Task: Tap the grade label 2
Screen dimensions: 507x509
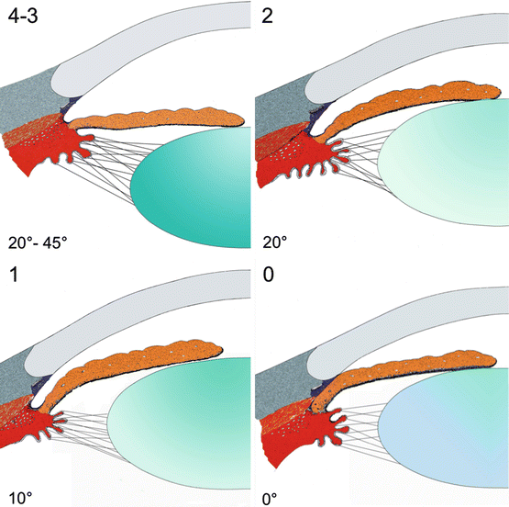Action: click(268, 15)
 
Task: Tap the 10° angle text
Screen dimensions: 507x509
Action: click(20, 496)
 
